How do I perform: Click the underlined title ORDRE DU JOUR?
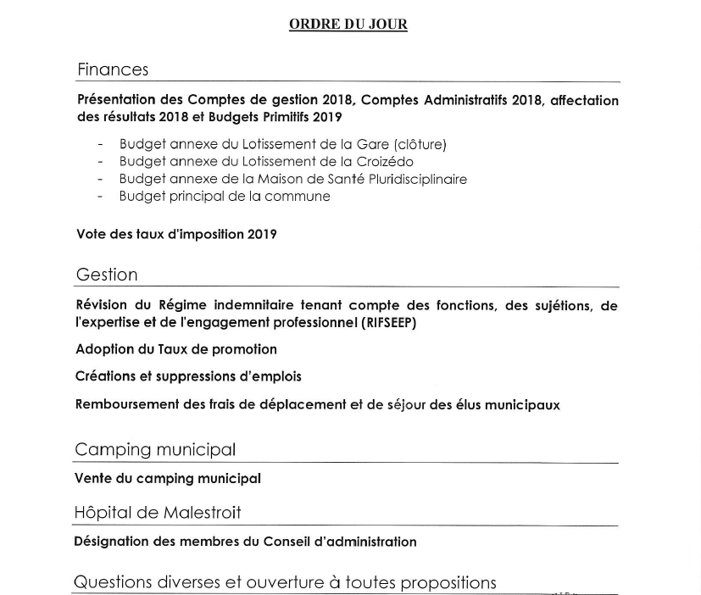[348, 25]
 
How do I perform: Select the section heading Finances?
[113, 70]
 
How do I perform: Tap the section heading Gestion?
[107, 275]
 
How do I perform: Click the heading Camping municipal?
[155, 449]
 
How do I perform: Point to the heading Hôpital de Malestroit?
[158, 513]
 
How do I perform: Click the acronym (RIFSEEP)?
[388, 322]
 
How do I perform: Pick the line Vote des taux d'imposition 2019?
[176, 234]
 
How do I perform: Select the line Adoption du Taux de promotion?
[176, 349]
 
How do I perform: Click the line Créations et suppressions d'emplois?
[188, 376]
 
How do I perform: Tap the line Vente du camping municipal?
[168, 478]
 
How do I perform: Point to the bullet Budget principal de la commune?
[225, 196]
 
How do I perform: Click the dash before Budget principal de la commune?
[101, 196]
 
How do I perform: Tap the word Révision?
[101, 305]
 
